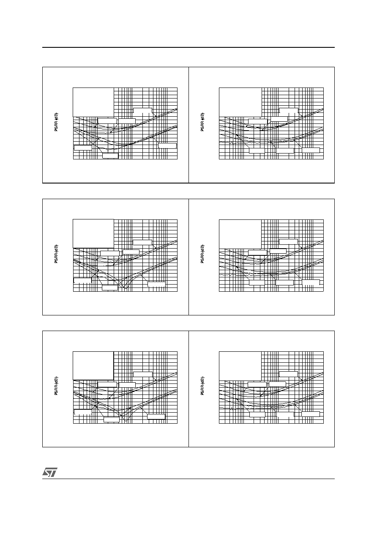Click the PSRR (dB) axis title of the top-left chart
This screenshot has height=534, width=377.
(56, 122)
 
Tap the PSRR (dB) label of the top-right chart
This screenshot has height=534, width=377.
(202, 122)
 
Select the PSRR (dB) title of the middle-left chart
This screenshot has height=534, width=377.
(56, 254)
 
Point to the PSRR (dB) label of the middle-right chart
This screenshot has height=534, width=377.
(202, 254)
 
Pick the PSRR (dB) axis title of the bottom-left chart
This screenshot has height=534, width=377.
(56, 386)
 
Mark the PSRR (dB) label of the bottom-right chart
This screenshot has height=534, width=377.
(202, 386)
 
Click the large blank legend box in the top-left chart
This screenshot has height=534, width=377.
(93, 102)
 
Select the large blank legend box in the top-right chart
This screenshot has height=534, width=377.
(240, 102)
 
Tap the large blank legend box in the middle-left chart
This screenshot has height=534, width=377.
(93, 234)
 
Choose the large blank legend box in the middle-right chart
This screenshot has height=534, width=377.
(240, 234)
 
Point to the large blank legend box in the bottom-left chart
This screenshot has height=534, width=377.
(93, 366)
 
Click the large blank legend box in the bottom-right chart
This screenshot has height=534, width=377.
(240, 366)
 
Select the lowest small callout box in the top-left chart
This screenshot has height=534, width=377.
(110, 156)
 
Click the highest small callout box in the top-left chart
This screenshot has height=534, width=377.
(142, 111)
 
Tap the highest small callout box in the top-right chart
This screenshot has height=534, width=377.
(289, 111)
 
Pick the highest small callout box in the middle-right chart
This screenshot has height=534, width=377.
(288, 241)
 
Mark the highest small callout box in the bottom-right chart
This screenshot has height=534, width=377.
(288, 374)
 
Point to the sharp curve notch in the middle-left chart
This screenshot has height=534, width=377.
(124, 288)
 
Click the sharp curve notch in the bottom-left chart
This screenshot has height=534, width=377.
(126, 421)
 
